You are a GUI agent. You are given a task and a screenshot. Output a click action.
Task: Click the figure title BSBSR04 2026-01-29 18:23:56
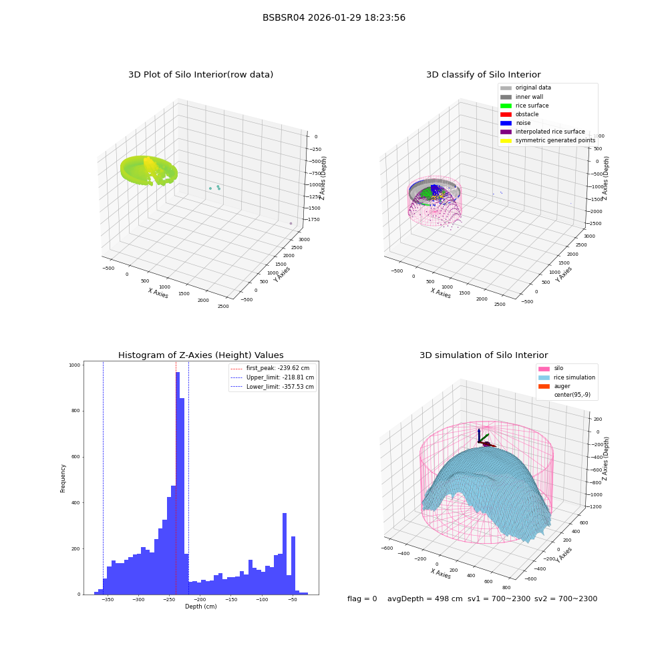click(333, 17)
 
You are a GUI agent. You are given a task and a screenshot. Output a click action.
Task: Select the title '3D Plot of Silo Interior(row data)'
click(200, 75)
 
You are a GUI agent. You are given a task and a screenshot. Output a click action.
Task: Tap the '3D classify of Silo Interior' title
click(484, 75)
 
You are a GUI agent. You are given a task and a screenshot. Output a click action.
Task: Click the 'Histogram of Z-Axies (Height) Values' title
click(200, 355)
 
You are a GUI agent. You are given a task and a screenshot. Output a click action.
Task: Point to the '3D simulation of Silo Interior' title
click(484, 355)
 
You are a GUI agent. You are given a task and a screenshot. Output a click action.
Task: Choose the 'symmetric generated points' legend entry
click(548, 140)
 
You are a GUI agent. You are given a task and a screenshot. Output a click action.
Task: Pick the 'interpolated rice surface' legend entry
click(542, 132)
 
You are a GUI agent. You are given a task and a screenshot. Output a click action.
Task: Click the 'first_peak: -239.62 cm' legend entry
click(270, 368)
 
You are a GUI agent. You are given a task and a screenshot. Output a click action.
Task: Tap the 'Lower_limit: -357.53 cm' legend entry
click(273, 387)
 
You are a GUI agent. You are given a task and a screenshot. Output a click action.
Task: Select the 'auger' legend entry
click(554, 386)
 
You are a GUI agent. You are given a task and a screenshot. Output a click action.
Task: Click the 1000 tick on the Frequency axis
click(75, 365)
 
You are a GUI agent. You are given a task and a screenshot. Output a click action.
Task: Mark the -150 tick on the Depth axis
click(231, 600)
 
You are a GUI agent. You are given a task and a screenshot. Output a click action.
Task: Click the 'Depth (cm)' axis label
click(200, 607)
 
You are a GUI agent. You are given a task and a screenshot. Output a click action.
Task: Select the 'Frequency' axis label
click(63, 478)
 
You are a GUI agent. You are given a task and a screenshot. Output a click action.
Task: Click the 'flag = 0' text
click(362, 599)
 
